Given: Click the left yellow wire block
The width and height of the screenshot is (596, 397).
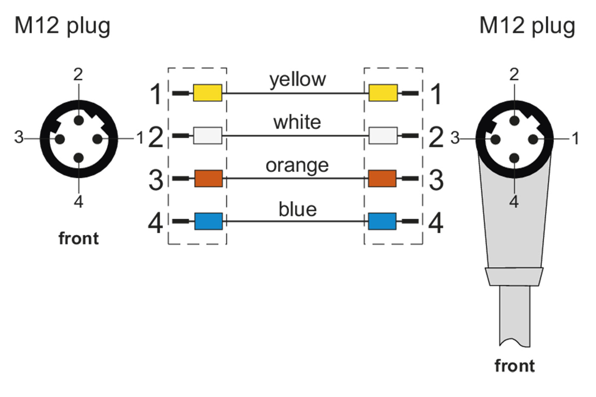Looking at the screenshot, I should point(207,93).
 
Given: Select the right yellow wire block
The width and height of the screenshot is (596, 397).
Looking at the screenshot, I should point(383,93).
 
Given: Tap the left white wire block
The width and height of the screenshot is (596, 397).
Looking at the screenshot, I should point(207,136).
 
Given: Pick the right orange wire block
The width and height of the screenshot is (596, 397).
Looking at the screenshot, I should point(382,179).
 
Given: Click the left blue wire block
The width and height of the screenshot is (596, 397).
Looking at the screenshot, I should point(208,221).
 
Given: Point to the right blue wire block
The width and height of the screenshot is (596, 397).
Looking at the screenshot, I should point(382,221).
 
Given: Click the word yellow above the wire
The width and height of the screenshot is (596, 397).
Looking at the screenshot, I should point(298,80).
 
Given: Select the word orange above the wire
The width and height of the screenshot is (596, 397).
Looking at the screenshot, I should point(297,166).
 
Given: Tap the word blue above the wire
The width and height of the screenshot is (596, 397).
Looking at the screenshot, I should point(298,209).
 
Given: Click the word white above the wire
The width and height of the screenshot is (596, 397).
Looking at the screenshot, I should point(297,123).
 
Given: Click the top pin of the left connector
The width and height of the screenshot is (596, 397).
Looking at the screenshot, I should point(78,120).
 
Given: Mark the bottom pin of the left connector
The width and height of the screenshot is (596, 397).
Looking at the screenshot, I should point(78,158).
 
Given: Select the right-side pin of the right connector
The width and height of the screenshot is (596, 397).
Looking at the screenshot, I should point(533,139).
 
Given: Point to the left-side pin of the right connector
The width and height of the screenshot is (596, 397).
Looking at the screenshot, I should point(495,139).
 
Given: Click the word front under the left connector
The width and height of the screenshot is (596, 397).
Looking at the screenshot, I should point(78,239).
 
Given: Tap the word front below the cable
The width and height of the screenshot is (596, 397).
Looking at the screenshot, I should point(514,366).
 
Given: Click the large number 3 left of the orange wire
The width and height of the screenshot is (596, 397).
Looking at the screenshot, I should point(156,180).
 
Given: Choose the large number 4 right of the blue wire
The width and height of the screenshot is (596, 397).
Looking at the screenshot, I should point(436,223).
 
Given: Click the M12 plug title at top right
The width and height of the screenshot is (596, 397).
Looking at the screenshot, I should point(527,26).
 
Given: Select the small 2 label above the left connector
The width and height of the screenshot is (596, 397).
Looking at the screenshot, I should point(78,75).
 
